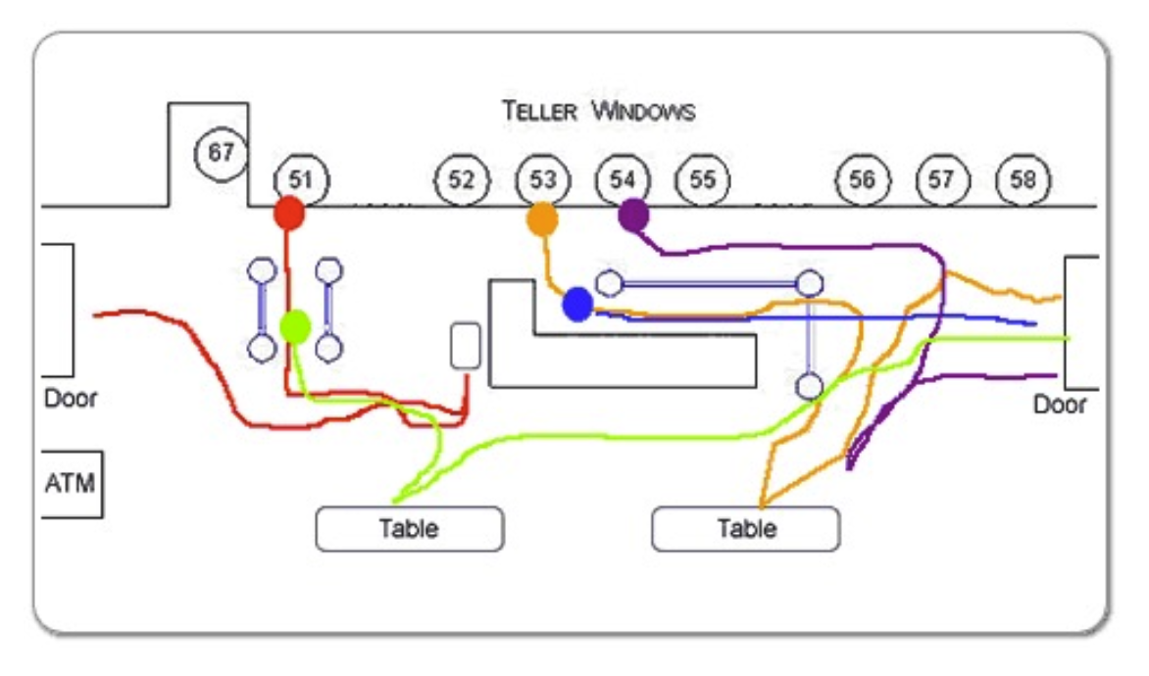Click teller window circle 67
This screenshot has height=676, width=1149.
pos(222,153)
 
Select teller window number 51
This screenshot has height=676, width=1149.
pos(301,180)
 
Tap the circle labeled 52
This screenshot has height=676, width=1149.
pos(462,180)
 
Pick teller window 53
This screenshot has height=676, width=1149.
pos(542,180)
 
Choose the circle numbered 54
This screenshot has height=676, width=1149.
pos(623,180)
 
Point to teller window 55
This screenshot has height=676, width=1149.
pos(702,180)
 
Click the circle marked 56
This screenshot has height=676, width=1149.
pos(862,180)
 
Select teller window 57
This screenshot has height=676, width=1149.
pos(942,180)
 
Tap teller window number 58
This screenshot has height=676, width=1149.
pos(1023,180)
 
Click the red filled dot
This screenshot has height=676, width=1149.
pos(288,213)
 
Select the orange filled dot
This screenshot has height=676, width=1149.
pos(542,219)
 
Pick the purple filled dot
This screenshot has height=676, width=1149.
pos(633,216)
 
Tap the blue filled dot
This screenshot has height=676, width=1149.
pos(577,305)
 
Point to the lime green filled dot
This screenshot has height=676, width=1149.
pos(295,326)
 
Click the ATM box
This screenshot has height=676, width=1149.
pos(72,483)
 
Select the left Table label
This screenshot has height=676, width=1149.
pos(409,529)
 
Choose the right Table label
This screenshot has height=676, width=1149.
pos(746,529)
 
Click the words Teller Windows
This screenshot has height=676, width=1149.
pos(599,112)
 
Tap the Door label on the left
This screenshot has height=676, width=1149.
pos(71,400)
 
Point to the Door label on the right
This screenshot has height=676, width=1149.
pos(1060,405)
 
